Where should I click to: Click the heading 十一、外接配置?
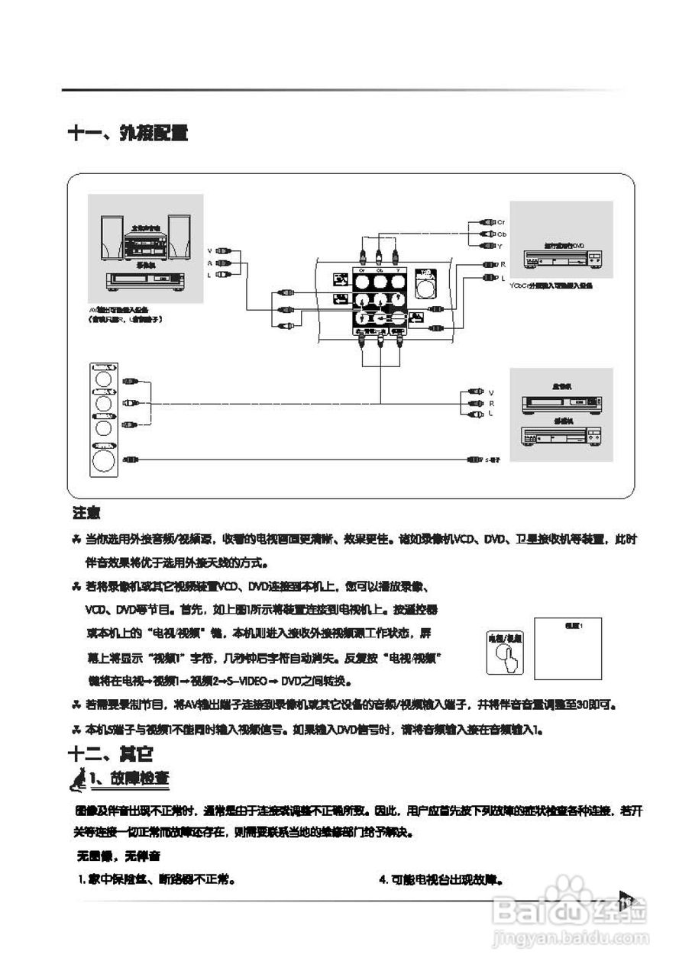coord(128,133)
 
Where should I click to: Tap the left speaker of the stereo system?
coord(112,237)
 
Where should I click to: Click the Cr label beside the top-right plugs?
coord(501,221)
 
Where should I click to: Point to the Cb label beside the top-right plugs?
coord(501,234)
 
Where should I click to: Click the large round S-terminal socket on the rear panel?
coord(425,287)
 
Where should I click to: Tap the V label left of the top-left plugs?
coord(209,250)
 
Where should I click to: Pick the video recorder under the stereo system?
coord(144,280)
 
